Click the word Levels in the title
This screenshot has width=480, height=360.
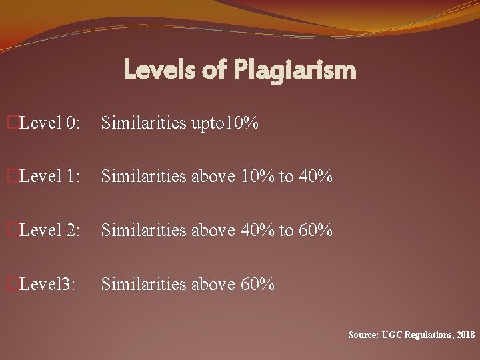tap(163, 69)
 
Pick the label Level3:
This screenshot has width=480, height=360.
tap(48, 285)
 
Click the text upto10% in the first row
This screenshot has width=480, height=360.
tap(225, 123)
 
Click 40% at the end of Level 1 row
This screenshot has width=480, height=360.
tap(315, 177)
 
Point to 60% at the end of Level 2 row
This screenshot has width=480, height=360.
tap(315, 231)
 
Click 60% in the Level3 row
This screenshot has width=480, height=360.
tap(258, 285)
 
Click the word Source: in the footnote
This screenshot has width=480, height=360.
tap(363, 334)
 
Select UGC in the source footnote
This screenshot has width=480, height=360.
tap(392, 334)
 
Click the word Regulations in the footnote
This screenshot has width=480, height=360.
tap(427, 334)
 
